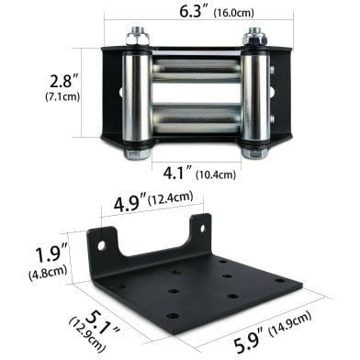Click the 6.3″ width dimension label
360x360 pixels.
click(194, 11)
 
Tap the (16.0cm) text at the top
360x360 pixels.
click(234, 13)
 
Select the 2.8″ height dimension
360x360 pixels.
click(65, 81)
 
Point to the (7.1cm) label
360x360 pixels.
click(62, 96)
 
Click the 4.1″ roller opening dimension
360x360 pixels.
click(178, 174)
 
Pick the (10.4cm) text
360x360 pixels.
click(216, 174)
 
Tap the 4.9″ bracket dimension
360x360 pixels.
click(129, 203)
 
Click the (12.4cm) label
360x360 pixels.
click(171, 198)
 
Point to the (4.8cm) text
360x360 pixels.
click(48, 272)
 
